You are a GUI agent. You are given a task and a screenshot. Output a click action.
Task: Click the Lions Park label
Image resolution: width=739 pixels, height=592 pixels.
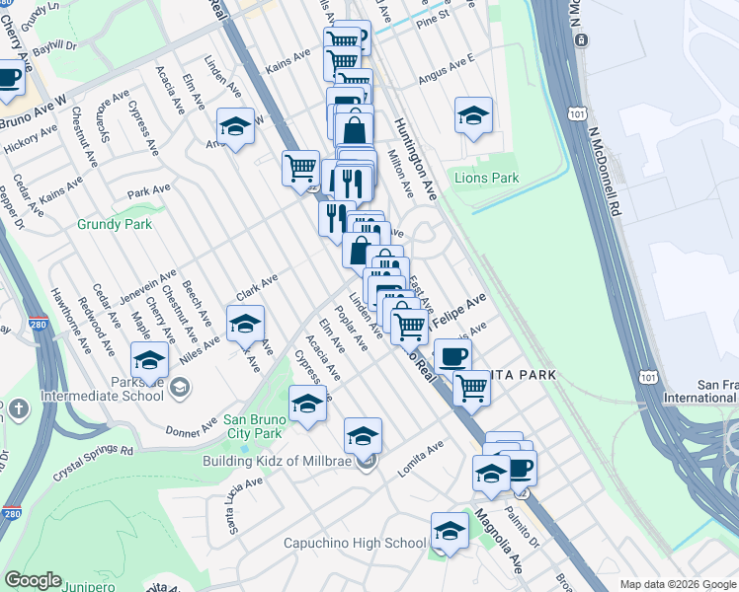coord(486,179)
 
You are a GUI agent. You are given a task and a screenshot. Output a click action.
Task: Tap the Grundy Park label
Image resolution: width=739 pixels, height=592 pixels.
coord(115,224)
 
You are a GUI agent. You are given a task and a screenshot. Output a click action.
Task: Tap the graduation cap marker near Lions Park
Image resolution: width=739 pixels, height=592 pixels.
coord(473,115)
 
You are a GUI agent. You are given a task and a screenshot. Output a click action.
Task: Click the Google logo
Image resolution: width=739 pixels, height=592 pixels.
coord(34,580)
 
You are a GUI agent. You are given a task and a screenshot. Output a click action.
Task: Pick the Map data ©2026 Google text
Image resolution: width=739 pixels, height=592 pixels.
coord(678,584)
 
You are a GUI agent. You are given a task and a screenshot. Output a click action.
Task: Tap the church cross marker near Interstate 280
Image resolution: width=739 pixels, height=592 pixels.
coord(18,408)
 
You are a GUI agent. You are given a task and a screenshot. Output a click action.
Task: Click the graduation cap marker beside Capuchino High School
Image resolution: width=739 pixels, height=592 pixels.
coord(450,532)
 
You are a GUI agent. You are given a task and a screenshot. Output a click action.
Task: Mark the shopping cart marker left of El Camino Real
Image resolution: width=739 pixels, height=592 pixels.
coord(300,167)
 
